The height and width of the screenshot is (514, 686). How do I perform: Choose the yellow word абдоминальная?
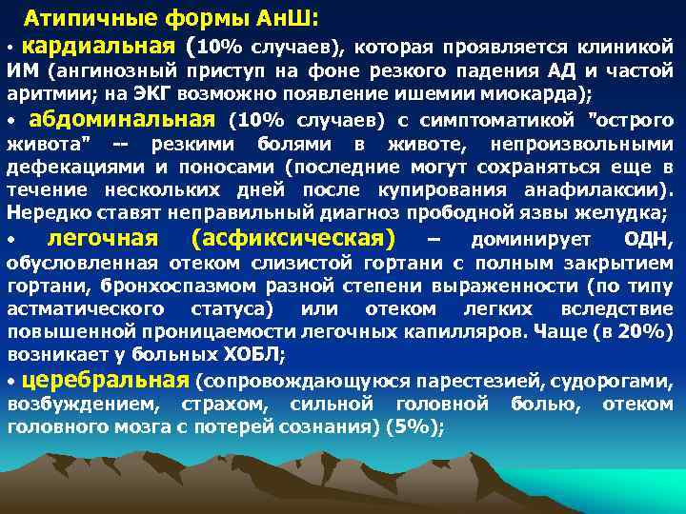point(123,119)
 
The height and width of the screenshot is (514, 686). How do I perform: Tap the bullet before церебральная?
point(10,381)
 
